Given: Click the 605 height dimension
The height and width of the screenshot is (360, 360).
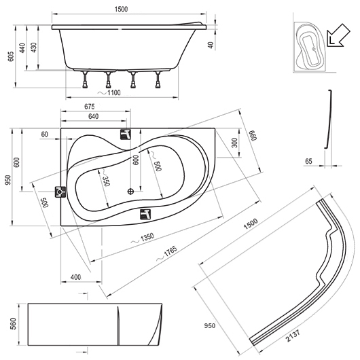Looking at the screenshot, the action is [11, 56].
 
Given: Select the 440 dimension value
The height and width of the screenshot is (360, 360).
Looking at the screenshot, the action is [22, 48].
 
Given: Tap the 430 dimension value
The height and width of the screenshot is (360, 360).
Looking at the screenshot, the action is [34, 48].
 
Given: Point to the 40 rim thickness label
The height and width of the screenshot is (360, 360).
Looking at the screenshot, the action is [211, 46].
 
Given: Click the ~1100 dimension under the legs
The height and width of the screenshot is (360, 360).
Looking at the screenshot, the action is [109, 92].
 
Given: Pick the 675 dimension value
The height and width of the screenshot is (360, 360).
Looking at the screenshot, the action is [89, 107].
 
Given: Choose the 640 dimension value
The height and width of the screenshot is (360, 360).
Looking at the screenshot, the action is [94, 116].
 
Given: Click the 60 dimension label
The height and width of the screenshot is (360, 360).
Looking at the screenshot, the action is [45, 134].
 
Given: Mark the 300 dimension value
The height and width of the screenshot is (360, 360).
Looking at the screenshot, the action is [234, 143].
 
